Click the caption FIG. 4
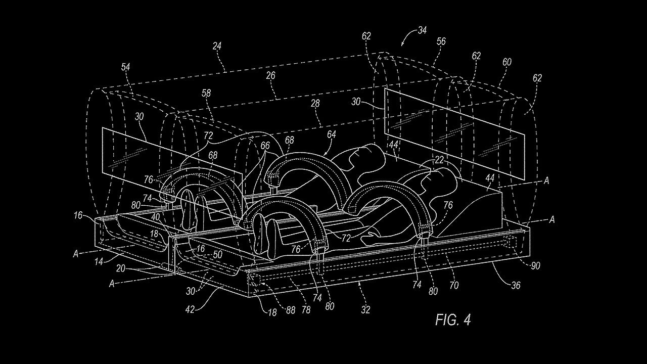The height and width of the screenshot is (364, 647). tap(453, 320)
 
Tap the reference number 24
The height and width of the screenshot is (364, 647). tap(217, 45)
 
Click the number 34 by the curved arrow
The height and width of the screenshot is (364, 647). tap(422, 30)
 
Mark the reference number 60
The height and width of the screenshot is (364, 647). tap(506, 62)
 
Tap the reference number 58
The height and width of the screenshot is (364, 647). tap(206, 93)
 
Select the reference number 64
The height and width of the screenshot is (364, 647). tap(332, 134)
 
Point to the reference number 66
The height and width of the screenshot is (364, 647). tap(265, 146)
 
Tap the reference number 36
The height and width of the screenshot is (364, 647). tap(515, 286)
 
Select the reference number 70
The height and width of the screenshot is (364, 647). tap(453, 285)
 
